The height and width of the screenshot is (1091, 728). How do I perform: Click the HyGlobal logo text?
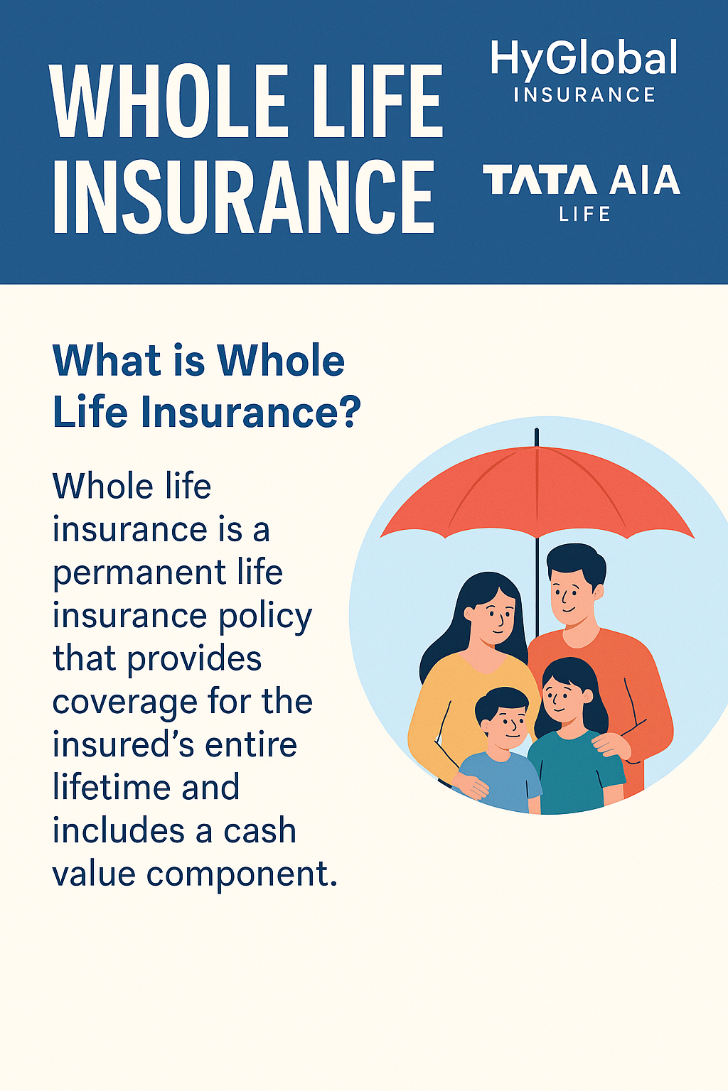coord(584,60)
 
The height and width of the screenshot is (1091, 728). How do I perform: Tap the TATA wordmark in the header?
coord(540,180)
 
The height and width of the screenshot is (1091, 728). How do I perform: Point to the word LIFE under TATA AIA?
coord(584,215)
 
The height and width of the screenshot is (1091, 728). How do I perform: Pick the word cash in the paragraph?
coord(259,831)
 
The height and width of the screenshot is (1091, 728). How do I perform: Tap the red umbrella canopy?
coord(537,490)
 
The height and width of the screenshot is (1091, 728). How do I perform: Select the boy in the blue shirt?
coord(502,753)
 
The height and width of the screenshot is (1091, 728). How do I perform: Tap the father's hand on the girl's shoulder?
coord(611,746)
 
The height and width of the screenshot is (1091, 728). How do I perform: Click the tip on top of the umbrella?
coord(537,434)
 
